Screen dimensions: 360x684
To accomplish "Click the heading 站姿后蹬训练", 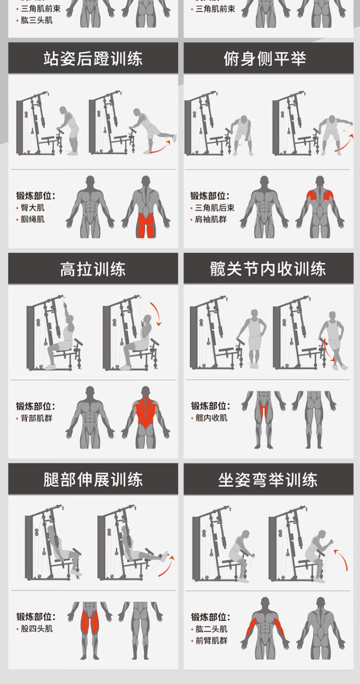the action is (x=93, y=59).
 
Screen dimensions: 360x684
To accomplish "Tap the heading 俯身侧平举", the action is (x=265, y=59).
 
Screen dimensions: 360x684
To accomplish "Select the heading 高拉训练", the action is (x=93, y=269).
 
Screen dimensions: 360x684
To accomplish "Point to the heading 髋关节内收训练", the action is (x=268, y=269).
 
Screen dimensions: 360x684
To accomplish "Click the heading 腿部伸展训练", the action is (x=93, y=479).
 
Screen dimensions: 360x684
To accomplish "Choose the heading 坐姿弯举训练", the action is (x=268, y=479).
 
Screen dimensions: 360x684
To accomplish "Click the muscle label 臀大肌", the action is (x=33, y=208).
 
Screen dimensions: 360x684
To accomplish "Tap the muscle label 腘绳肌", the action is (x=33, y=219).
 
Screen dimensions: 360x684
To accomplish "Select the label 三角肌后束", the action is (x=215, y=208).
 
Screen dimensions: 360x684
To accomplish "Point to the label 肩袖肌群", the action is (x=211, y=219).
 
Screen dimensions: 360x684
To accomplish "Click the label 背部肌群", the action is (x=36, y=418).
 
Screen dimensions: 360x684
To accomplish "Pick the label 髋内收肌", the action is (x=212, y=418).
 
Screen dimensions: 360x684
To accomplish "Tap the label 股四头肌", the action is (x=36, y=628).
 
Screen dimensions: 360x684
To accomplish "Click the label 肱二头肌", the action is (x=212, y=629).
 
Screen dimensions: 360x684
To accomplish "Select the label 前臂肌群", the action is (x=212, y=640).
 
